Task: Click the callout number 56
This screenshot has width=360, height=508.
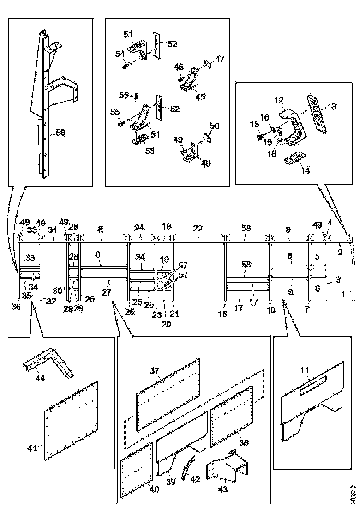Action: (60, 133)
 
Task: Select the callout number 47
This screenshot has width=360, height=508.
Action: (220, 59)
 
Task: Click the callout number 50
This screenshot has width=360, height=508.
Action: (214, 126)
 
